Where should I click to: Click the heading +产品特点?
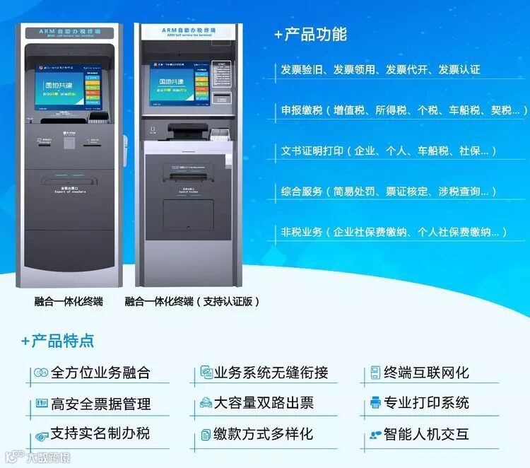57,340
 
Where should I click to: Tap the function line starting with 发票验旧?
380,69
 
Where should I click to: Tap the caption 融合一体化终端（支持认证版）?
192,301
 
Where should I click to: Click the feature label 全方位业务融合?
101,373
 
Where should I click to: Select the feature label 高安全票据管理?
101,404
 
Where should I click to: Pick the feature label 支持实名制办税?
100,433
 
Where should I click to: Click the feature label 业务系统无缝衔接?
271,373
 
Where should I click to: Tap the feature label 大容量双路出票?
264,404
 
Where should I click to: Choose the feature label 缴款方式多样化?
264,434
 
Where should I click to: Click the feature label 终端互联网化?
426,373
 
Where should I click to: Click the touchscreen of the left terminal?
68,90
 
